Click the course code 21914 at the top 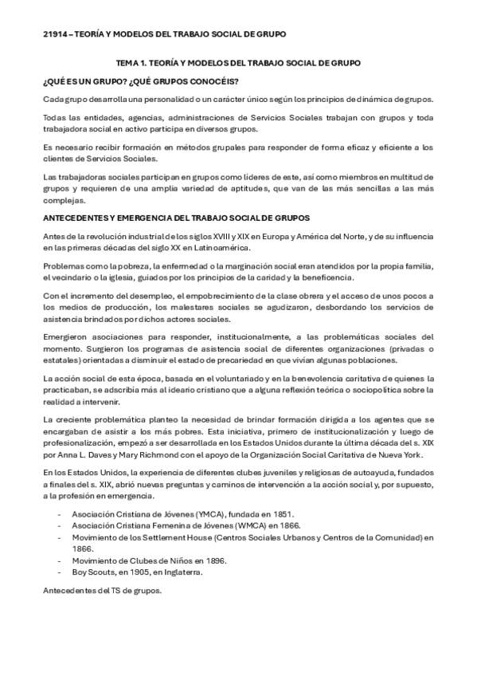pos(56,34)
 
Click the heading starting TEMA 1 pos(238,62)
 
